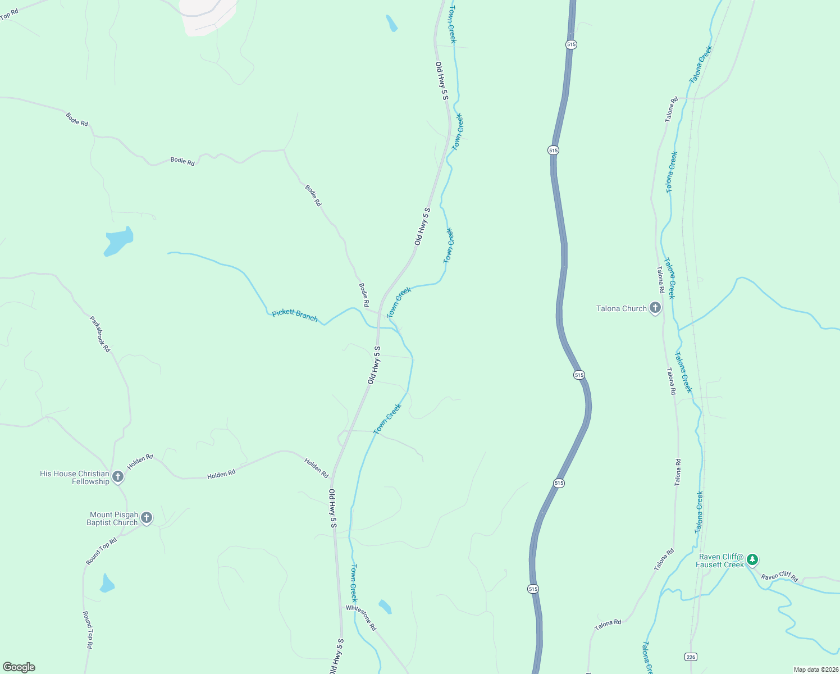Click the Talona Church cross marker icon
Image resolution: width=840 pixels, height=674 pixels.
coord(655,308)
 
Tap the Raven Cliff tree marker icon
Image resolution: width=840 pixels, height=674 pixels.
coord(752,559)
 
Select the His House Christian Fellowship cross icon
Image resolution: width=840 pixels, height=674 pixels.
coord(117,477)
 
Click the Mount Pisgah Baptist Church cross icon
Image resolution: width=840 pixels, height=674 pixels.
coord(146,518)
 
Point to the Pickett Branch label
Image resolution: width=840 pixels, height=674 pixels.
coord(295,316)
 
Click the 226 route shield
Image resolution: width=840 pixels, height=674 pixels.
coord(691,657)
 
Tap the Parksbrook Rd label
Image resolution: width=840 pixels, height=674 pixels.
coord(100,334)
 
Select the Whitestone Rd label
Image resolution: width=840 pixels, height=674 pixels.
coord(362,618)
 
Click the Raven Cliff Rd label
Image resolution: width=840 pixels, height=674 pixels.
coord(779,576)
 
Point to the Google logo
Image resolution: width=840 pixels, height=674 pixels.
coord(19,667)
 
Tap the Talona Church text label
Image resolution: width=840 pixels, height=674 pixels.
coord(621,308)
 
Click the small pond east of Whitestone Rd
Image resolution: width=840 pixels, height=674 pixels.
coord(385,607)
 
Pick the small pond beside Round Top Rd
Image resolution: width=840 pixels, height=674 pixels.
coord(107,584)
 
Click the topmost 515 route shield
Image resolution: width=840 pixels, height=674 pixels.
coord(571,44)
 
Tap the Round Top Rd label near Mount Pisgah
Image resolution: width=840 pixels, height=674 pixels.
coord(102,552)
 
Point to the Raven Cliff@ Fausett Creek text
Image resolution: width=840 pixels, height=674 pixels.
coord(720,561)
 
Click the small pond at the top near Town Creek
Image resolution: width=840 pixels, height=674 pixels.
coord(391,23)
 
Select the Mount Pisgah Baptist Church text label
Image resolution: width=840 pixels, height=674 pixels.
coord(113,518)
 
